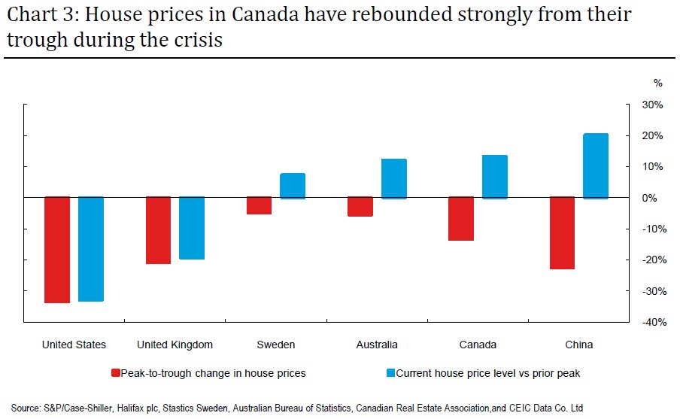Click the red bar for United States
pyautogui.click(x=57, y=250)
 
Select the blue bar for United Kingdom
pyautogui.click(x=192, y=228)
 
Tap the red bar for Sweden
pyautogui.click(x=259, y=205)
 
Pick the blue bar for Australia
pyautogui.click(x=393, y=178)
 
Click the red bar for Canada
pyautogui.click(x=460, y=219)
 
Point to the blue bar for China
pyautogui.click(x=595, y=165)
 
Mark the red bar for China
pyautogui.click(x=561, y=232)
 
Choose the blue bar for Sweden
pyautogui.click(x=293, y=185)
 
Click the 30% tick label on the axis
pyautogui.click(x=652, y=105)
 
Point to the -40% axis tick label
pyautogui.click(x=651, y=322)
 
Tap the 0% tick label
pyautogui.click(x=654, y=198)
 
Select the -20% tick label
pyautogui.click(x=651, y=260)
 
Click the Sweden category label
pyautogui.click(x=276, y=345)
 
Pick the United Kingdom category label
pyautogui.click(x=175, y=345)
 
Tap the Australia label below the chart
pyautogui.click(x=376, y=345)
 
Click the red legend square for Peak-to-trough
pyautogui.click(x=115, y=373)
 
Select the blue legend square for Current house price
pyautogui.click(x=390, y=373)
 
